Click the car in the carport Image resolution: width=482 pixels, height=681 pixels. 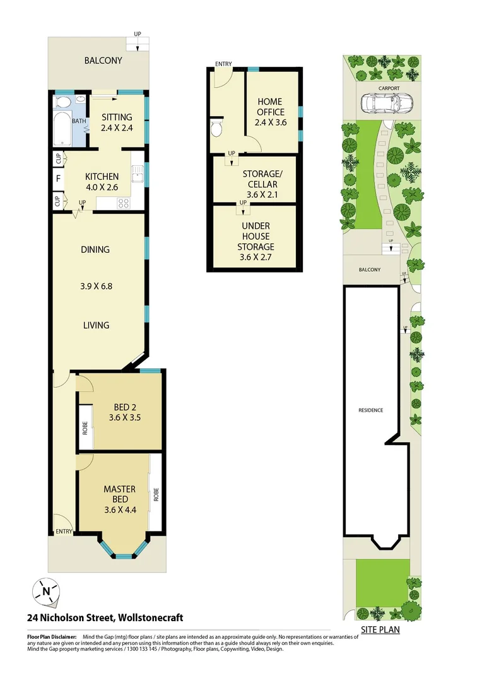[384, 103]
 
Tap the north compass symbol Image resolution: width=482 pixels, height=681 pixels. [46, 591]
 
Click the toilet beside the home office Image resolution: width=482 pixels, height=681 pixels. [216, 129]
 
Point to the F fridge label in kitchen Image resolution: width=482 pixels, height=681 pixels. [58, 178]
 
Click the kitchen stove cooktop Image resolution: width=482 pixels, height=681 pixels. [122, 203]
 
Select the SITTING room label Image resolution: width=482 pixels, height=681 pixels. [116, 117]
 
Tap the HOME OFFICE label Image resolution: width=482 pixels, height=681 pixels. [270, 107]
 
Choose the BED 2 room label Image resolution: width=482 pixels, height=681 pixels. [116, 407]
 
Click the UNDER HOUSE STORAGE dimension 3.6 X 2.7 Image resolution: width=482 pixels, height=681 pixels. [256, 257]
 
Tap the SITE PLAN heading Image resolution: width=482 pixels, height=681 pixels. [380, 629]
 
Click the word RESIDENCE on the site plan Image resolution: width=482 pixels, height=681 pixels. [370, 410]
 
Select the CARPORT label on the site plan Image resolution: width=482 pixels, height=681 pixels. [382, 89]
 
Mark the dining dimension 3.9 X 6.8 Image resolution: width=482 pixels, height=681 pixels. [95, 286]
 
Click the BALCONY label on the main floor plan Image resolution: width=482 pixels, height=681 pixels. [103, 61]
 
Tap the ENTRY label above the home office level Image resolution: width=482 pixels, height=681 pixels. [223, 64]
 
